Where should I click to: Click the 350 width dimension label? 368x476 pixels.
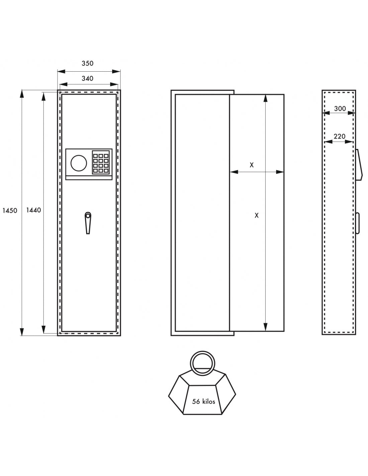[x=87, y=63]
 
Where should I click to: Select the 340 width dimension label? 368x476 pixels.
[x=87, y=78]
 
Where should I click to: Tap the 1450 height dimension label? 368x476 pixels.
[x=10, y=211]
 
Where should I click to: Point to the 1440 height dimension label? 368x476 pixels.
[x=33, y=210]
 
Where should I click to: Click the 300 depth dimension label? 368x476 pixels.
[x=340, y=108]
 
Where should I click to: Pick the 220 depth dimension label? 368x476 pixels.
[x=339, y=136]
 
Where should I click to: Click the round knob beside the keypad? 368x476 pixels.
[x=79, y=163]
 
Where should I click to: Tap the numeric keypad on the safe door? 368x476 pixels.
[x=101, y=162]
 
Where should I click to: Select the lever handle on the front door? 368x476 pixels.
[x=88, y=223]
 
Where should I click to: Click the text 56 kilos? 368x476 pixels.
[x=204, y=402]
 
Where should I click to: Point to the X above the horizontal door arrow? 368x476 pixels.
[x=252, y=165]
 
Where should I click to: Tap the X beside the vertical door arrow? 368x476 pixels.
[x=257, y=215]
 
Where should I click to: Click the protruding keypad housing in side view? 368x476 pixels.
[x=359, y=165]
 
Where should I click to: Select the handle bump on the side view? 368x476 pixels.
[x=358, y=223]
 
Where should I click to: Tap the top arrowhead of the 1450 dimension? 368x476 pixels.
[x=22, y=93]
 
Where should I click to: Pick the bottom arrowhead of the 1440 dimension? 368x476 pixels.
[x=43, y=329]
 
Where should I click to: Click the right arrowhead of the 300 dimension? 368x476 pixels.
[x=352, y=113]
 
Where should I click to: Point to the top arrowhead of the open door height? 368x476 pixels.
[x=266, y=98]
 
